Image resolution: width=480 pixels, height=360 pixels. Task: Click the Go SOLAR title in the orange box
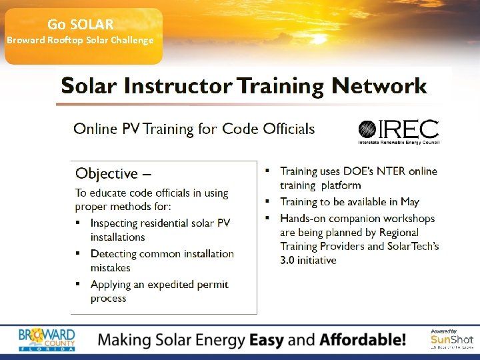click(x=81, y=25)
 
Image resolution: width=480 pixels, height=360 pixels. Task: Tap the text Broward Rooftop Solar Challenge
click(x=80, y=40)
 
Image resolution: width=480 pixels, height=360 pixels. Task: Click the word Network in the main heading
click(x=379, y=86)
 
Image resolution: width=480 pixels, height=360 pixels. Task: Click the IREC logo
click(x=399, y=131)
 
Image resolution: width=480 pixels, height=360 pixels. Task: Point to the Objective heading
click(x=113, y=173)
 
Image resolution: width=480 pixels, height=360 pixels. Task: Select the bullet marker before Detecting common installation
click(x=77, y=254)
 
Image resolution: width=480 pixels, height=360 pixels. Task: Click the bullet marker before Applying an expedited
click(x=77, y=285)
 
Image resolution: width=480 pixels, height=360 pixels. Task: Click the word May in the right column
click(x=409, y=201)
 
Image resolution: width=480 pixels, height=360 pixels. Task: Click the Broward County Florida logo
click(x=47, y=339)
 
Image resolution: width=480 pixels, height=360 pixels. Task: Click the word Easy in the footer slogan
click(x=267, y=340)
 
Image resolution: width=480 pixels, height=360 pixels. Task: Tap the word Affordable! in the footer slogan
click(x=363, y=340)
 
